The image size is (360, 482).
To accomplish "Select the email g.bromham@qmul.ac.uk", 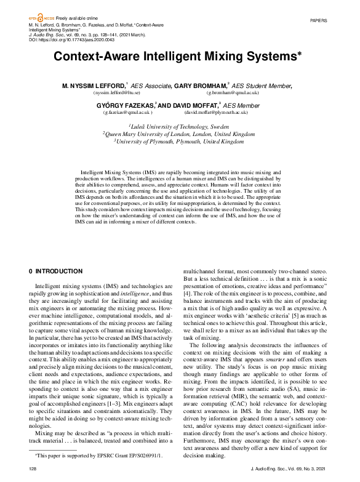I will tap(233, 92).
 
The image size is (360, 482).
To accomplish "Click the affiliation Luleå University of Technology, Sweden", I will tap(179, 125).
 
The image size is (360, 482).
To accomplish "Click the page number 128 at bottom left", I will tap(33, 469).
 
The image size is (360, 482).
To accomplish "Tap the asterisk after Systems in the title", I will tap(300, 54).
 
